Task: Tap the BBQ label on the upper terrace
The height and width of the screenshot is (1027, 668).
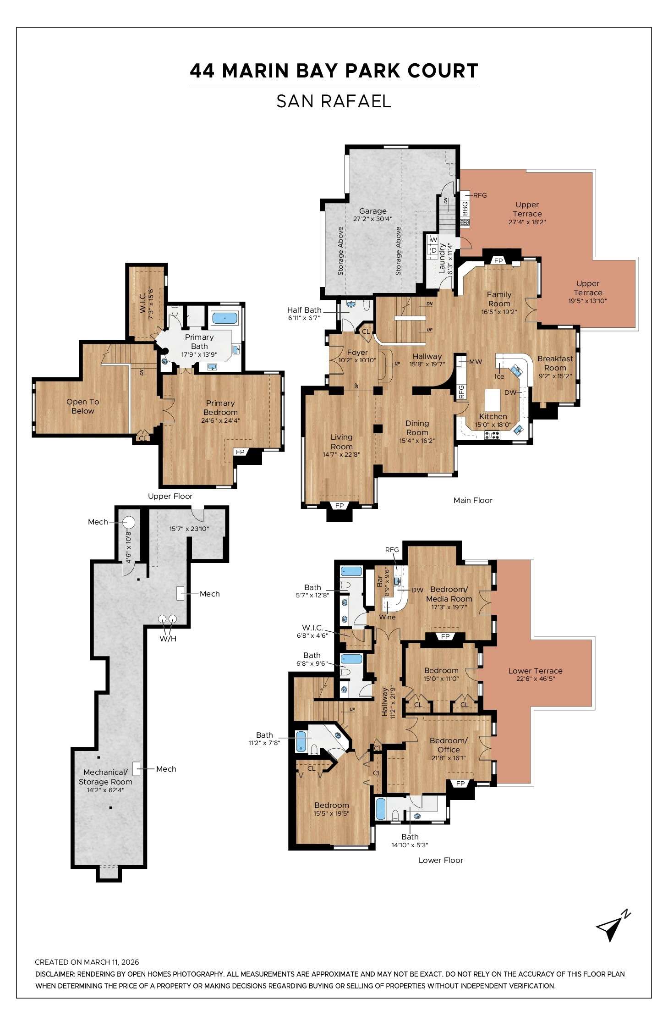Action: tap(465, 209)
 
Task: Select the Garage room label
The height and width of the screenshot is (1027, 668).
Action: tap(372, 211)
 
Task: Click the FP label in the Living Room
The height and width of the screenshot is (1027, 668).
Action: tap(339, 506)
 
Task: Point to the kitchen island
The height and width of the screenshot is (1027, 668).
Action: tap(493, 400)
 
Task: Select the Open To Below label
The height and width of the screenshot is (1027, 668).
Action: tap(82, 406)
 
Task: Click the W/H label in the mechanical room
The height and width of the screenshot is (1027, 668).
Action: tap(168, 638)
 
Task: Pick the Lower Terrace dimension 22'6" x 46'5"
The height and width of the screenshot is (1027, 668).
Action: tap(535, 679)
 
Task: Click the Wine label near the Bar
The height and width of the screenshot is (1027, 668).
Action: tap(387, 617)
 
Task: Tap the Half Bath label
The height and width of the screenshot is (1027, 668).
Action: tap(304, 310)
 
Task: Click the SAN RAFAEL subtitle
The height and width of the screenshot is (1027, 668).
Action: tap(334, 101)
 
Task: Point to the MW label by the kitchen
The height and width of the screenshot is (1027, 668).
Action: tap(476, 362)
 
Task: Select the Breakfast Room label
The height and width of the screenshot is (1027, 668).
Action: tap(555, 363)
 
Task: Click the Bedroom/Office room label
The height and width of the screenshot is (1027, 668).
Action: tap(448, 745)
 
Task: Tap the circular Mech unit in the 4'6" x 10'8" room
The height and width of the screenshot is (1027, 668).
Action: tap(129, 522)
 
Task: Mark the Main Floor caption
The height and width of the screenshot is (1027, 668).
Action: tap(473, 500)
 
